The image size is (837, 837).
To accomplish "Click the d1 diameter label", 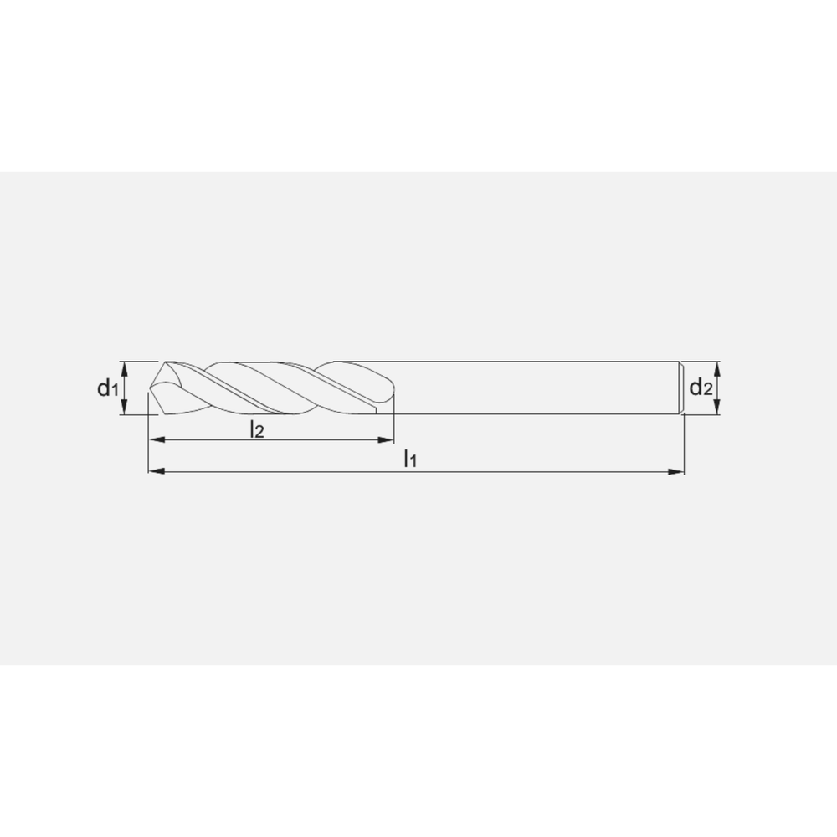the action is point(107,388).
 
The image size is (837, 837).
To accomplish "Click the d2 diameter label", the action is point(701,387).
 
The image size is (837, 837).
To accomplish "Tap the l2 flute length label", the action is point(257,429).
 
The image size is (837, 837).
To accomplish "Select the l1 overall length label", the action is point(410,459).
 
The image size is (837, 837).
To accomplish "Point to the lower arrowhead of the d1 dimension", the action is point(125,407).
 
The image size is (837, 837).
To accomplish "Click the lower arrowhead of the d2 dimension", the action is point(717,407).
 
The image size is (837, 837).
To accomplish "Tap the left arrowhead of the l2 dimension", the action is point(157,440).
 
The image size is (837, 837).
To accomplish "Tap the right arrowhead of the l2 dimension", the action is point(385,440).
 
